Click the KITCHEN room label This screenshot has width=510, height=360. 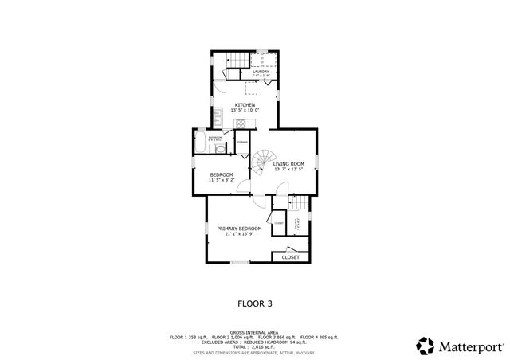click(245, 104)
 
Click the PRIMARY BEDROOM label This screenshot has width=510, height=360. click(240, 229)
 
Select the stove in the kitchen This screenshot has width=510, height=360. click(240, 123)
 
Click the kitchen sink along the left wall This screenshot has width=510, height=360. click(216, 115)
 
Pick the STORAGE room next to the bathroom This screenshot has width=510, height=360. click(242, 143)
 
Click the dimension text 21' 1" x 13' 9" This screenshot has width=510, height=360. click(240, 234)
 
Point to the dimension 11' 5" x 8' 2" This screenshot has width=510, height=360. click(222, 180)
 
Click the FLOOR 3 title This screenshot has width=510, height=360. click(256, 303)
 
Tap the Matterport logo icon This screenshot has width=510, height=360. click(426, 346)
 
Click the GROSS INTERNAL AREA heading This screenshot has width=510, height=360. click(255, 331)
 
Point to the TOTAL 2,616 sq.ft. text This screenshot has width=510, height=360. click(255, 347)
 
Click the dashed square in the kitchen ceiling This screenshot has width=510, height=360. click(249, 88)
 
